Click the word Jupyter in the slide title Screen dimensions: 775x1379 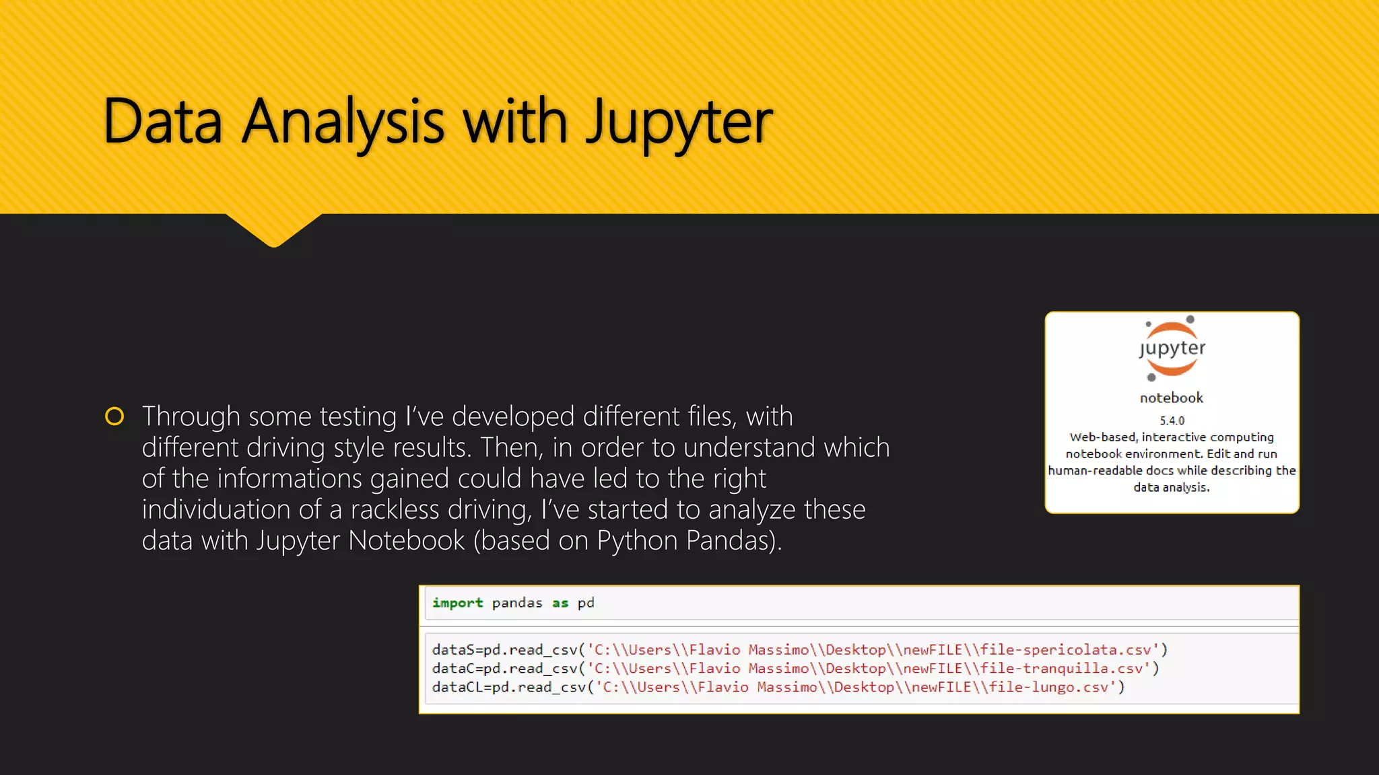pos(679,122)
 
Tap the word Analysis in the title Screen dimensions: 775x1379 pos(343,122)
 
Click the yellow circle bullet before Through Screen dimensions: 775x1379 pos(114,416)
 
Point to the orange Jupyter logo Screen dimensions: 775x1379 pos(1172,348)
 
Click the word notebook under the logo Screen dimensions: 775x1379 pos(1171,398)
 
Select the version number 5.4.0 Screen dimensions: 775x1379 pos(1172,420)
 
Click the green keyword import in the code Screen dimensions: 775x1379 pos(457,603)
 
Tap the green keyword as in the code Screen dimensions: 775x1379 pos(560,603)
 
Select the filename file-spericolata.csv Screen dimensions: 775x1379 pos(1065,650)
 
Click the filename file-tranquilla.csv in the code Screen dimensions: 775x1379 pos(1061,669)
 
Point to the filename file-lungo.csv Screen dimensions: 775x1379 pos(1048,687)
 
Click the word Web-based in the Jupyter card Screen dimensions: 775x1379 pos(1102,437)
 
